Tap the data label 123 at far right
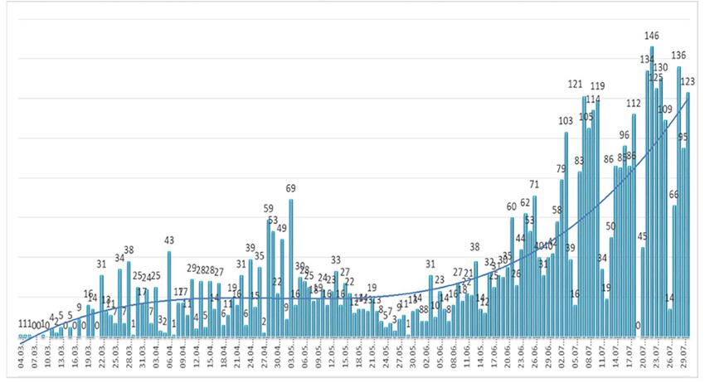pos(688,81)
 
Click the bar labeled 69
pos(291,269)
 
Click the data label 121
pos(576,85)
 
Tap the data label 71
pos(535,185)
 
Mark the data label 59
pos(269,208)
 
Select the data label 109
pos(665,109)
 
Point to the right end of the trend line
pos(689,94)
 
